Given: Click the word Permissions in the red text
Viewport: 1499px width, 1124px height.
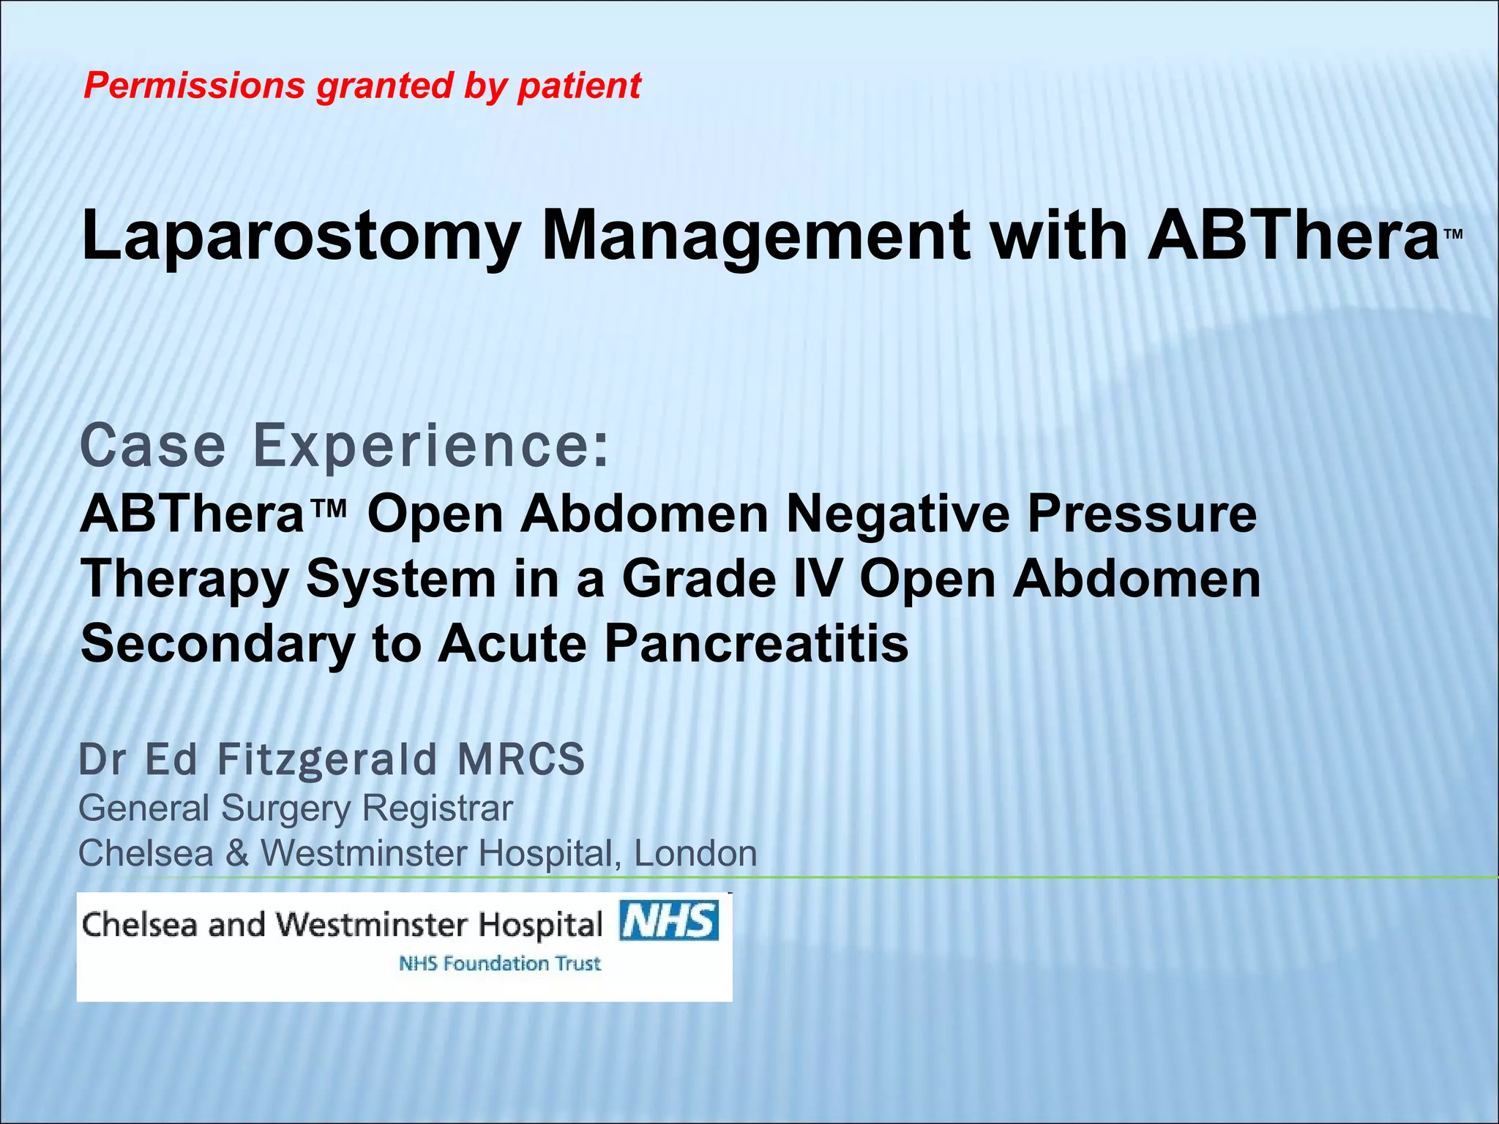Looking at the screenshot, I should click(194, 86).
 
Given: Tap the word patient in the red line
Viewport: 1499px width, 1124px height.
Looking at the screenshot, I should click(579, 86).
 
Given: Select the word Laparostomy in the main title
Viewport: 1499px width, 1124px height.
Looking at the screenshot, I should click(301, 236).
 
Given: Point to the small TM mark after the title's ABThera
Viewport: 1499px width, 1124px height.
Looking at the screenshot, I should click(1454, 234).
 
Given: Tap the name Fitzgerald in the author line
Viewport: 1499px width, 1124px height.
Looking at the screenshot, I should click(327, 759).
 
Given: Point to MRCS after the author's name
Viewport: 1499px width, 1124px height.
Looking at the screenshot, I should click(521, 759).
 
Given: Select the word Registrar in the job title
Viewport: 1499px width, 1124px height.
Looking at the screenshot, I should click(437, 809).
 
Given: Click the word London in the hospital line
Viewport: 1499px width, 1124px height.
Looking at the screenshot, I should click(695, 854).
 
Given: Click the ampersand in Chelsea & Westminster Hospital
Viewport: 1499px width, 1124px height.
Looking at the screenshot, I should click(237, 854).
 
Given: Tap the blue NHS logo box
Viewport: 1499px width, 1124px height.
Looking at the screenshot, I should click(668, 921).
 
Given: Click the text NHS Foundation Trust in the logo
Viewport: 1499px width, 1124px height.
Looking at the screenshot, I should click(500, 964).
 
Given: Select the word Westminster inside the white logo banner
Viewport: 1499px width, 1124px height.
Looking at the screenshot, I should click(372, 925).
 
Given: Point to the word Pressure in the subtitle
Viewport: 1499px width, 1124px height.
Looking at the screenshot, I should click(1142, 514).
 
